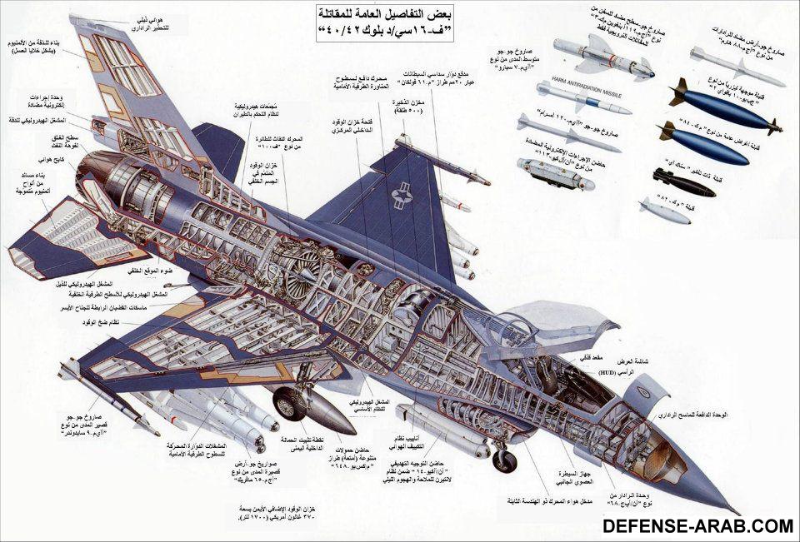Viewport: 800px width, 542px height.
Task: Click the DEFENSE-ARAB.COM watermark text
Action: click(x=697, y=525)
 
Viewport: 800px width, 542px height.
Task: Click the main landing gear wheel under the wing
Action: click(x=290, y=404)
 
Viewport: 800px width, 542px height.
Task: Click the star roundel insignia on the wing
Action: click(x=405, y=196)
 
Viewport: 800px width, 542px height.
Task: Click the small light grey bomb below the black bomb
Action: click(x=664, y=210)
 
